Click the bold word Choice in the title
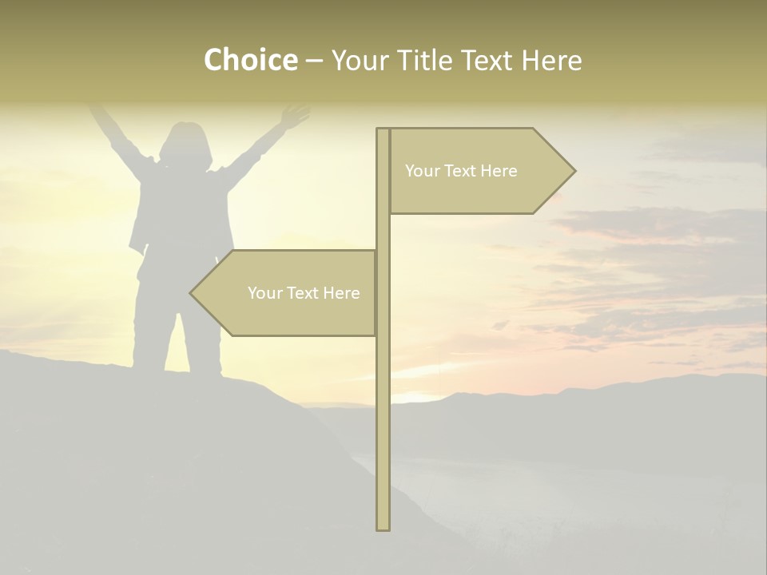point(250,60)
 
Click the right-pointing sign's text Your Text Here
point(461,171)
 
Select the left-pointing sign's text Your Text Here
point(304,293)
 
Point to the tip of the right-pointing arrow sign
point(574,170)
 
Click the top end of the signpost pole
point(383,130)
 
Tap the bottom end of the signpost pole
point(383,528)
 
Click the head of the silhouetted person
point(185,142)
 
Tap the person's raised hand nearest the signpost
point(296,115)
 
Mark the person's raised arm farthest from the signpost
point(112,132)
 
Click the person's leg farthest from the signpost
point(151,335)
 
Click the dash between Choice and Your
point(314,61)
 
